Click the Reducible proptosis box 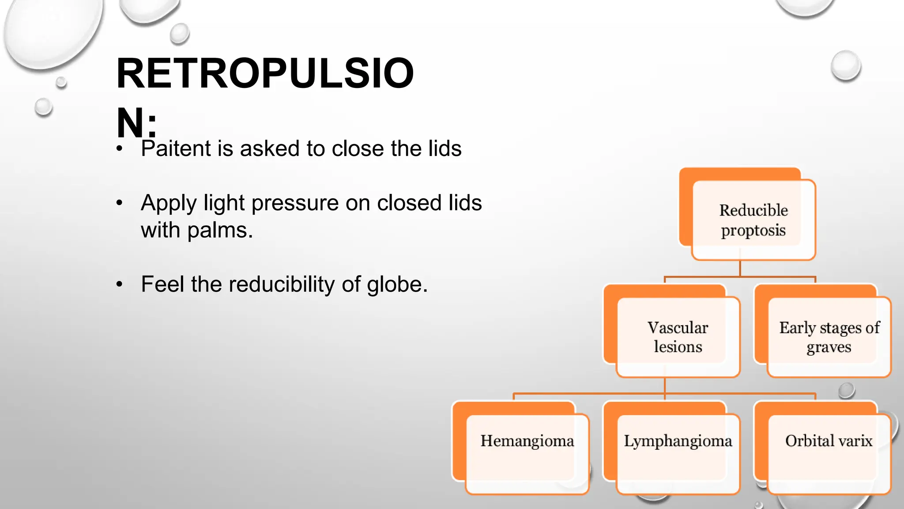pyautogui.click(x=753, y=220)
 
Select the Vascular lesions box pyautogui.click(x=678, y=337)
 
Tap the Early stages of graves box pyautogui.click(x=829, y=337)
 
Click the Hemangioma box pyautogui.click(x=527, y=453)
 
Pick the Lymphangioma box pyautogui.click(x=678, y=453)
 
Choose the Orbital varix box pyautogui.click(x=829, y=453)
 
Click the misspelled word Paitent pyautogui.click(x=176, y=148)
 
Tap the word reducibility pyautogui.click(x=282, y=284)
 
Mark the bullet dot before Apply pyautogui.click(x=119, y=204)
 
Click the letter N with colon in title pyautogui.click(x=136, y=123)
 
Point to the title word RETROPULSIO pyautogui.click(x=265, y=73)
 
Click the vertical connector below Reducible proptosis pyautogui.click(x=740, y=268)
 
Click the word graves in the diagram pyautogui.click(x=829, y=347)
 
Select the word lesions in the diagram pyautogui.click(x=678, y=347)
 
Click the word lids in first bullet pyautogui.click(x=444, y=148)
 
